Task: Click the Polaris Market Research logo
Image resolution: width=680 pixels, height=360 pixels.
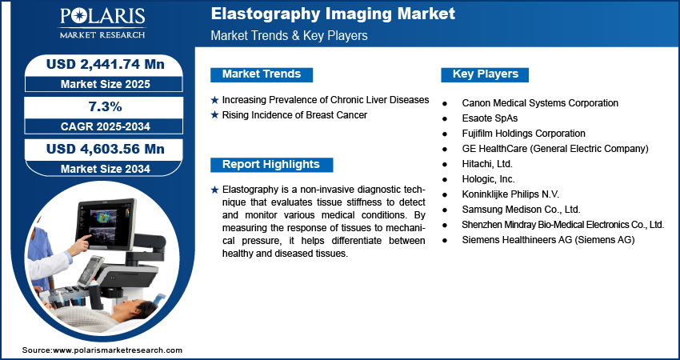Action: point(102,22)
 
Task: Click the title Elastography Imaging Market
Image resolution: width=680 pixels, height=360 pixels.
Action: point(333,14)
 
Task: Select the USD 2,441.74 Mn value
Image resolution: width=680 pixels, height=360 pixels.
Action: point(106,64)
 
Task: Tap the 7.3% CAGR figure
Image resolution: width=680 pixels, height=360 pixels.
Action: point(106,106)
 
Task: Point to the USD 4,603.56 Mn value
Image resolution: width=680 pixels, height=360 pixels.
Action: point(106,149)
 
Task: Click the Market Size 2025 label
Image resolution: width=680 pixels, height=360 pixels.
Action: point(106,84)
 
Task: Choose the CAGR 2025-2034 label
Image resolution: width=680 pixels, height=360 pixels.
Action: point(106,126)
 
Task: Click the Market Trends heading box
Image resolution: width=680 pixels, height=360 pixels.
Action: point(262,74)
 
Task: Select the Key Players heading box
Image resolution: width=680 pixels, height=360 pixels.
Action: point(485,74)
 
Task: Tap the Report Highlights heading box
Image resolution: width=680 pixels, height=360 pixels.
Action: point(271,165)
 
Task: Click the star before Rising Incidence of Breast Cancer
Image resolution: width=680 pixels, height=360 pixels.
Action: point(214,115)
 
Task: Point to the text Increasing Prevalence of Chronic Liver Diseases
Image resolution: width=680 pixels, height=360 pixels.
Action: point(326,100)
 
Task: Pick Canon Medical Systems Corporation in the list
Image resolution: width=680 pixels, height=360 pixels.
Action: point(540,103)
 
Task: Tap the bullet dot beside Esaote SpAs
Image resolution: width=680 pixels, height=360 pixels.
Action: point(445,119)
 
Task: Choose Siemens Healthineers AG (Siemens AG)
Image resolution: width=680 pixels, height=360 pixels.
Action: point(548,239)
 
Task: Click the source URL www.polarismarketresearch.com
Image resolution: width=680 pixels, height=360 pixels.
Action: point(118,350)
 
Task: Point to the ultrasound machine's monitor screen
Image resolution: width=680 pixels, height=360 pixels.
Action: point(106,223)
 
